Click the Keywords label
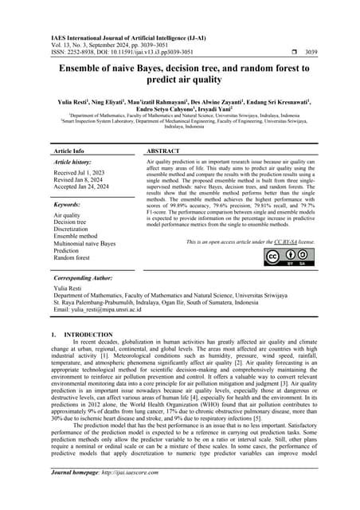69,205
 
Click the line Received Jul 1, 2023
83,171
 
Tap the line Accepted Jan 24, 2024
84,187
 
